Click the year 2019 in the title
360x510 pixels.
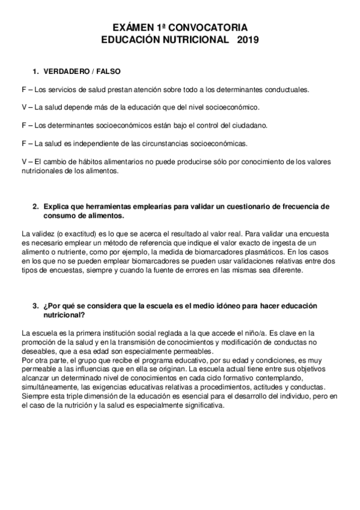(247, 40)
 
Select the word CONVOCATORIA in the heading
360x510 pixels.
(209, 28)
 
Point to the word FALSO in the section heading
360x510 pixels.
(109, 71)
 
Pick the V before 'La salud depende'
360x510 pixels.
(23, 107)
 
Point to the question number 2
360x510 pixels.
(35, 206)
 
